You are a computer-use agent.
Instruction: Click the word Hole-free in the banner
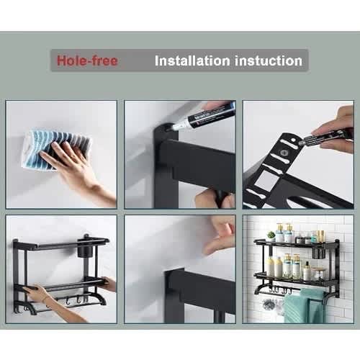point(87,60)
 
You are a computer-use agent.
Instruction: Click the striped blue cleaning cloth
point(54,147)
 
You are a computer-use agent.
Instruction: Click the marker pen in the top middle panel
point(205,116)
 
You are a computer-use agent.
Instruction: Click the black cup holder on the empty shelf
point(85,253)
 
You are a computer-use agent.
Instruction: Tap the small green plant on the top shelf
point(271,235)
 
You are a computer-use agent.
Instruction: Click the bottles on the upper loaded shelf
point(288,234)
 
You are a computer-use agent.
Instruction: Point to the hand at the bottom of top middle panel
point(209,198)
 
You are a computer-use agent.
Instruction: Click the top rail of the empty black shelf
point(61,243)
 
